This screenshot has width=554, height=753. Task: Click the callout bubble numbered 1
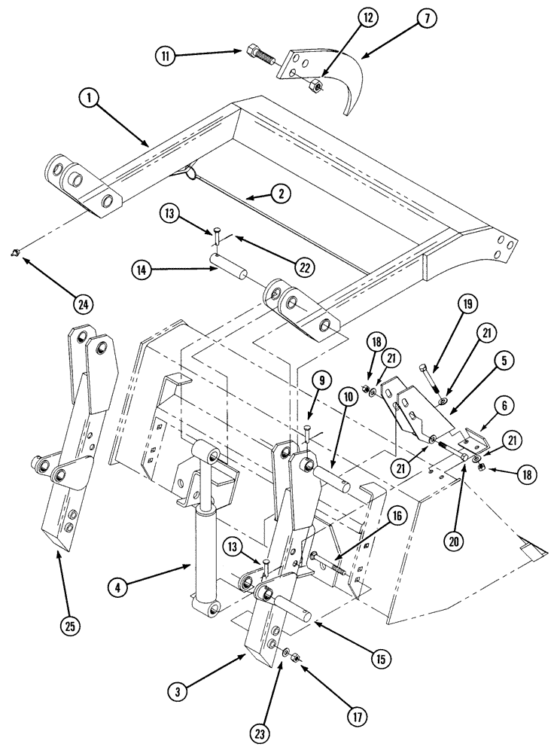coord(90,98)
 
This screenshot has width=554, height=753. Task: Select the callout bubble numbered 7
coord(425,19)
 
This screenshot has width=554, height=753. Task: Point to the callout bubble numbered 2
coord(281,193)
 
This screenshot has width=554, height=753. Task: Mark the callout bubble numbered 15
coord(380,658)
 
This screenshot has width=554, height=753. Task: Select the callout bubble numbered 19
coord(466,305)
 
